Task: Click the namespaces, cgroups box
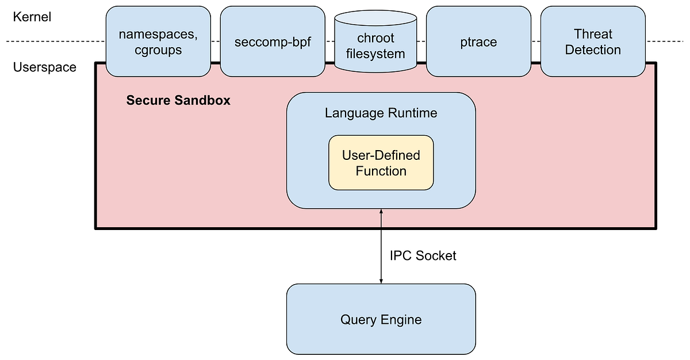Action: click(x=158, y=41)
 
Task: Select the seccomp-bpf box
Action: click(x=272, y=41)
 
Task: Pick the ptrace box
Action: click(x=478, y=41)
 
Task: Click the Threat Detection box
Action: click(x=593, y=41)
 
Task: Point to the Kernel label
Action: click(x=32, y=17)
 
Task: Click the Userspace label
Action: click(x=45, y=67)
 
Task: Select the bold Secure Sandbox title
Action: click(x=178, y=101)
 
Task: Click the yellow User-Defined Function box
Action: click(x=381, y=163)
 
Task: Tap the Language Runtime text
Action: click(x=381, y=113)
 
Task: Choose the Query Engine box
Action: click(x=381, y=320)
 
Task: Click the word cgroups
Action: click(x=158, y=50)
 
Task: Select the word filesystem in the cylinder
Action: click(x=375, y=54)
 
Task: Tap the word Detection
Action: click(x=593, y=50)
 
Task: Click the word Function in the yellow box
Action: click(x=381, y=171)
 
